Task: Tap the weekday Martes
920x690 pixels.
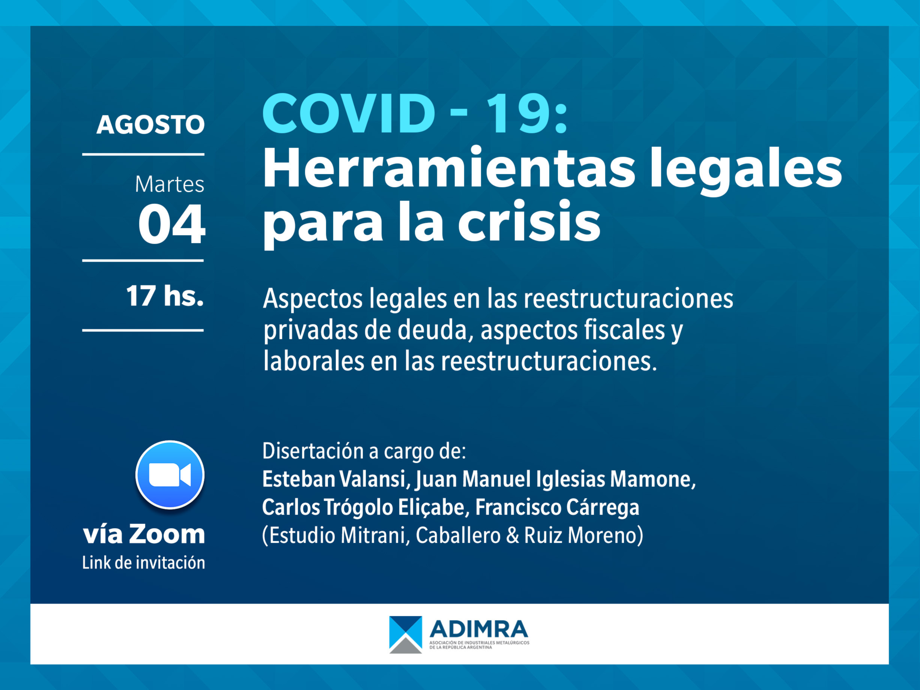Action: click(x=170, y=184)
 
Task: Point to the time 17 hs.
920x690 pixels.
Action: click(x=165, y=296)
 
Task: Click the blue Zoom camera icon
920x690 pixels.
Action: click(x=170, y=475)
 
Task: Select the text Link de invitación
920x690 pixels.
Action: click(x=143, y=563)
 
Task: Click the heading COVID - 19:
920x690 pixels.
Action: click(x=415, y=114)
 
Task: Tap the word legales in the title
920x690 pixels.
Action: click(x=746, y=170)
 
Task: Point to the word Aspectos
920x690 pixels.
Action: click(x=313, y=299)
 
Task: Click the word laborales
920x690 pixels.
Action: click(x=314, y=361)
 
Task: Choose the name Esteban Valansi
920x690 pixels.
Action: click(x=334, y=479)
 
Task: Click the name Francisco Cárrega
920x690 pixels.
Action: click(x=557, y=507)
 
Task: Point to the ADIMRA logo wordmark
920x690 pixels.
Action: click(x=479, y=629)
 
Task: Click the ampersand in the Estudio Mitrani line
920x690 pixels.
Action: click(x=513, y=535)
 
